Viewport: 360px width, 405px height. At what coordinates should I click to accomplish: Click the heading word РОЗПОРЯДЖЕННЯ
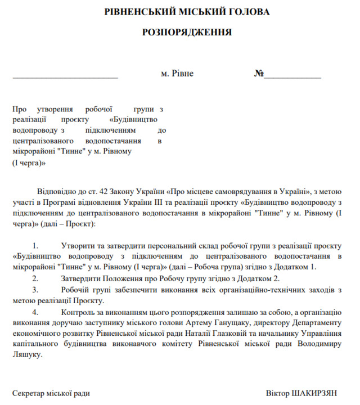pyautogui.click(x=179, y=33)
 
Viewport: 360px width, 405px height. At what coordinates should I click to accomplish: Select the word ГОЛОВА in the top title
pyautogui.click(x=245, y=11)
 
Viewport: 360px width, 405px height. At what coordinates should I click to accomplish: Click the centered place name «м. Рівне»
pyautogui.click(x=177, y=74)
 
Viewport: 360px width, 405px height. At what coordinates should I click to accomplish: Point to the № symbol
pyautogui.click(x=259, y=74)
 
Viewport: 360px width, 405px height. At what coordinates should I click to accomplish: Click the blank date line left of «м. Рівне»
pyautogui.click(x=65, y=75)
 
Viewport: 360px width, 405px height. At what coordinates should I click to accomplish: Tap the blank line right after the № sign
pyautogui.click(x=292, y=75)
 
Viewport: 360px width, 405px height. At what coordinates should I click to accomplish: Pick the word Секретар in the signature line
pyautogui.click(x=29, y=393)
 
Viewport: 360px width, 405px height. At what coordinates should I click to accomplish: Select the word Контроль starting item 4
pyautogui.click(x=78, y=311)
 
